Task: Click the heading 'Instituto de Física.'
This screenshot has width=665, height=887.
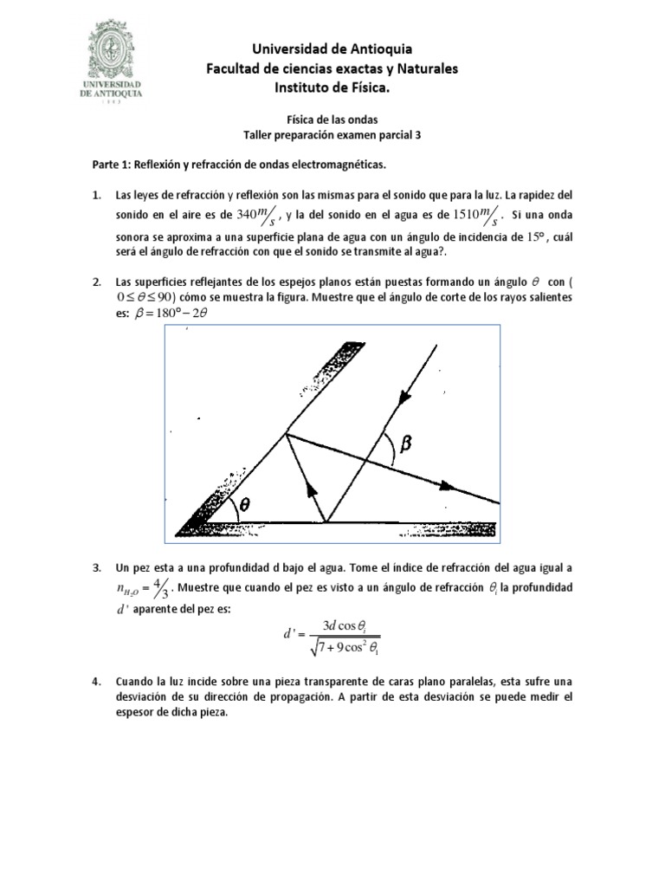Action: (x=332, y=87)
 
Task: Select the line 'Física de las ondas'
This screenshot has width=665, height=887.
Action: (x=332, y=121)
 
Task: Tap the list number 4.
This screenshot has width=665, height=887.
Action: (x=97, y=681)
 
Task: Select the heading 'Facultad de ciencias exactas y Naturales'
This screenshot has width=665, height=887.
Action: (x=332, y=68)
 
